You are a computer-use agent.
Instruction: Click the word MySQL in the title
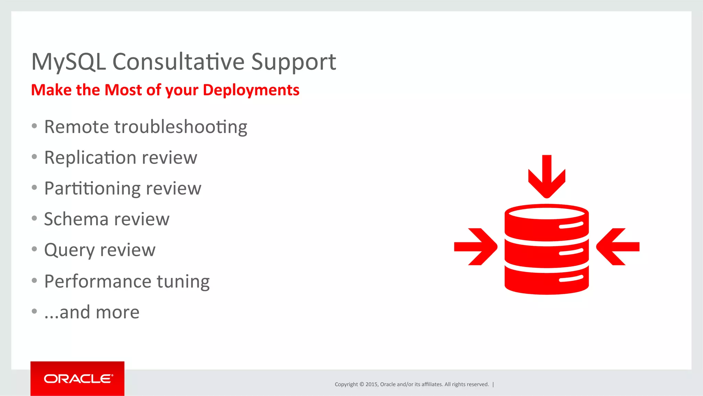point(68,62)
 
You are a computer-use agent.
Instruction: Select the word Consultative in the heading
point(178,62)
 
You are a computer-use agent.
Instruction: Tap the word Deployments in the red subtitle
point(251,90)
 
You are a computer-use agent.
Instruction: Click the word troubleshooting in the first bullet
point(181,127)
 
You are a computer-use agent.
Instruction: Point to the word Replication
point(91,158)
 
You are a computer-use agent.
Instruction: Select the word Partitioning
point(92,189)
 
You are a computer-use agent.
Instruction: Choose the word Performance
point(98,281)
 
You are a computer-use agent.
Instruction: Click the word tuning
point(183,282)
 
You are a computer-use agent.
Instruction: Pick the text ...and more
point(92,312)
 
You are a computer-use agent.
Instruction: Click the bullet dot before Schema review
point(34,218)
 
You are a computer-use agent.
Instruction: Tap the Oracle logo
point(78,378)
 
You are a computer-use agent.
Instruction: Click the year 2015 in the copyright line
point(371,384)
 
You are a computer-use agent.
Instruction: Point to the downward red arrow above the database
point(546,177)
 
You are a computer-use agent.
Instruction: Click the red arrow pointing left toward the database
point(618,247)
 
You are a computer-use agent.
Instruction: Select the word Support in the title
point(293,62)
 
